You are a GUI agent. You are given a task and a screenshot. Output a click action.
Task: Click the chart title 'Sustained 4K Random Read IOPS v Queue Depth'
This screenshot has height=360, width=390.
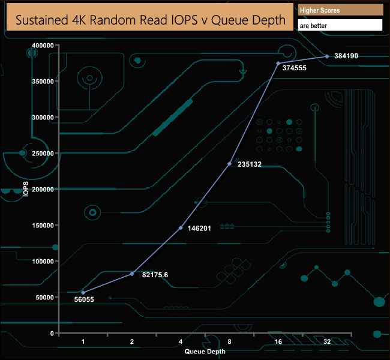(150, 20)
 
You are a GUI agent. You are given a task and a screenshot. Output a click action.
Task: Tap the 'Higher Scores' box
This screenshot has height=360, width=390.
(340, 10)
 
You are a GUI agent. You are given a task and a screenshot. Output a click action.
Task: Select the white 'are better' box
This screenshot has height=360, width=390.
(340, 26)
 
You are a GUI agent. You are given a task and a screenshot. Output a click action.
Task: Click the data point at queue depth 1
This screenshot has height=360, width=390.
(83, 293)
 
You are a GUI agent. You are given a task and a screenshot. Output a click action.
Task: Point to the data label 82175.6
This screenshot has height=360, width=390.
(155, 275)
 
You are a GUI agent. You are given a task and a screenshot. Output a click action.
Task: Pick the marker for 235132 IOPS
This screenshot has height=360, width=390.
(230, 164)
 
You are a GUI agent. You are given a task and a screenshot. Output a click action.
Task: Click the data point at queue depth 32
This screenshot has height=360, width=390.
(327, 56)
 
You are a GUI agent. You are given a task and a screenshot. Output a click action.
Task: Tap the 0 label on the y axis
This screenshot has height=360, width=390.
(52, 334)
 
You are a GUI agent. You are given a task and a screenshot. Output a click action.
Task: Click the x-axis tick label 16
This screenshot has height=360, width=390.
(278, 342)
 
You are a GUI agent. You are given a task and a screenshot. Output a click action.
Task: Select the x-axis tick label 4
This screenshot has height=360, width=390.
(181, 342)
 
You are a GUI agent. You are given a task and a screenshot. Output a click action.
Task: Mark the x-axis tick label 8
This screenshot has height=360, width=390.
(229, 342)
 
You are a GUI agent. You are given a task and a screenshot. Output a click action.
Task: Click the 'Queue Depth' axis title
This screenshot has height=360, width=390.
(205, 352)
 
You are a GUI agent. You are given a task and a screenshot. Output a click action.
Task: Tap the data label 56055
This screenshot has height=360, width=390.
(84, 299)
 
